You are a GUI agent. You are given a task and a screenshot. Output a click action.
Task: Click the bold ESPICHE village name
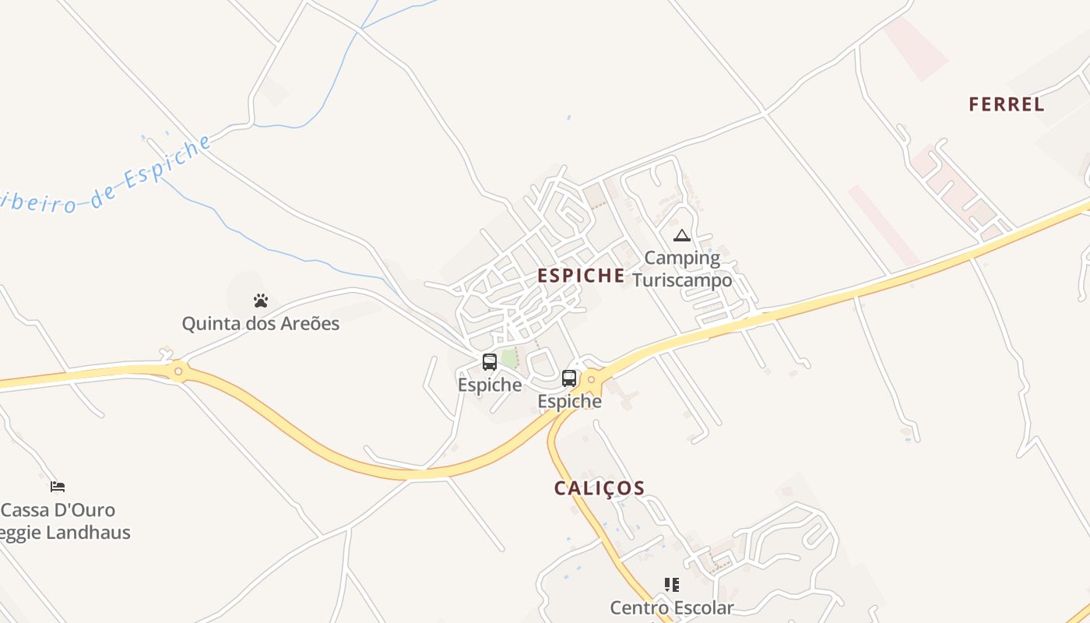(581, 275)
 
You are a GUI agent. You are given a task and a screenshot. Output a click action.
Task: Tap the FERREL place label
(1006, 104)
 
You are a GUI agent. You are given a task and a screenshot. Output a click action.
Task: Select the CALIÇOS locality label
(599, 488)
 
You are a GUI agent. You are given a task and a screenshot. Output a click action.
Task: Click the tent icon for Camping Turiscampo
(682, 235)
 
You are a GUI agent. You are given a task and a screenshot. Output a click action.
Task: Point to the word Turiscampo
(682, 280)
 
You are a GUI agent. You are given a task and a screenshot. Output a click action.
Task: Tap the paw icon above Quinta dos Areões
(261, 301)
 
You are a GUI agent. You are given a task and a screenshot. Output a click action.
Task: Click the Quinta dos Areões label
(261, 323)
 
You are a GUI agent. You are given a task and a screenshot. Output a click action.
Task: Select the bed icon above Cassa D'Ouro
(58, 487)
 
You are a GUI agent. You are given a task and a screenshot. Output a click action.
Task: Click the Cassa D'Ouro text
(58, 510)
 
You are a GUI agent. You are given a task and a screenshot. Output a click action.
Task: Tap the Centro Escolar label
(672, 607)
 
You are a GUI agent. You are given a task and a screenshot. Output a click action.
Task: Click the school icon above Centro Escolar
(672, 584)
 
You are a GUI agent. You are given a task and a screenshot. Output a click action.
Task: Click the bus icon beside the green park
(490, 361)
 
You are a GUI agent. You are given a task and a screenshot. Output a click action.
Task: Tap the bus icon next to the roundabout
(569, 378)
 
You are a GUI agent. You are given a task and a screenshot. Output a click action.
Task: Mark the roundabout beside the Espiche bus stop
(592, 379)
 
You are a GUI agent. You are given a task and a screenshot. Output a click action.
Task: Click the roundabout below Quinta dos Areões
(178, 371)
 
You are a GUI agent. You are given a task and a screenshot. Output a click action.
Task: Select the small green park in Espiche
(508, 358)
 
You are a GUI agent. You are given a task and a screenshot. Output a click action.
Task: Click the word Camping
(682, 257)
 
